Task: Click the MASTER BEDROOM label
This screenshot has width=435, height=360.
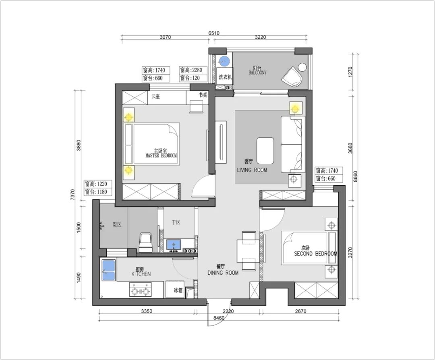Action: (161, 155)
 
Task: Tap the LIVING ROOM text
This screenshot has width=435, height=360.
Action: (252, 170)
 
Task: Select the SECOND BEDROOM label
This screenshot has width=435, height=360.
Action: (315, 254)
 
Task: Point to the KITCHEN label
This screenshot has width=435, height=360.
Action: (141, 274)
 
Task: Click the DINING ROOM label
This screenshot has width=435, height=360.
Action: (223, 273)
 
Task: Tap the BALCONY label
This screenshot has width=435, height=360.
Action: (257, 72)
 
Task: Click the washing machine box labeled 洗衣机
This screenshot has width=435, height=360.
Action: (225, 76)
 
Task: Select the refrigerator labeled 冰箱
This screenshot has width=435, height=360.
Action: (175, 290)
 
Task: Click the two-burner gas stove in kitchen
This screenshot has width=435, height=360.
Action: (141, 290)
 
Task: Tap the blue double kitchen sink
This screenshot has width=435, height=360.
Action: (108, 271)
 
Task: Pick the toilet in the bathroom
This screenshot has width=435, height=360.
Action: (146, 242)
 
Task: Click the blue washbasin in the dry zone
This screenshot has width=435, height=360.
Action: (174, 244)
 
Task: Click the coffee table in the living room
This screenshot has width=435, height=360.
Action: (265, 151)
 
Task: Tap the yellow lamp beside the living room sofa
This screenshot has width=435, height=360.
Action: (296, 108)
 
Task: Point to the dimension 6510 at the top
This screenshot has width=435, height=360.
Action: (214, 33)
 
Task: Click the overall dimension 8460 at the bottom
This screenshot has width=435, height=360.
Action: (219, 318)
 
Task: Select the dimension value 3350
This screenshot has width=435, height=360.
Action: (147, 311)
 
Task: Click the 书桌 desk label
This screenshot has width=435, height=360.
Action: (203, 95)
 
